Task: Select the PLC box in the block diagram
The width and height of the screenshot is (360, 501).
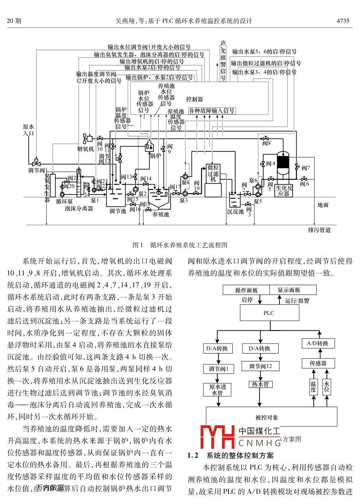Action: click(x=269, y=313)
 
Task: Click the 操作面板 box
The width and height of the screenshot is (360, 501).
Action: click(x=246, y=290)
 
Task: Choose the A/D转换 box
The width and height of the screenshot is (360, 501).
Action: click(x=317, y=343)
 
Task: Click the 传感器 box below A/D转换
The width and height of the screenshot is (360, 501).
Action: click(x=319, y=363)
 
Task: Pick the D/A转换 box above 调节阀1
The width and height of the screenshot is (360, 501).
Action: click(x=217, y=348)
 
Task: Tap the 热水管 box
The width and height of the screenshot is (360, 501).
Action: click(x=260, y=384)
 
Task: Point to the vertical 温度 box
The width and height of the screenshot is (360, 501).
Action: click(x=313, y=386)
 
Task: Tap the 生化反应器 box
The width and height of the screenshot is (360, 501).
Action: click(x=283, y=191)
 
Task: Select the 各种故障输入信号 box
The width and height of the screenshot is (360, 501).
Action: click(x=211, y=110)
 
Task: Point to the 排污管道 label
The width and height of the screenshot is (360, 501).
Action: click(x=319, y=230)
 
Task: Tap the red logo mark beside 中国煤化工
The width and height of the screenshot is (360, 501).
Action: click(x=218, y=437)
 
